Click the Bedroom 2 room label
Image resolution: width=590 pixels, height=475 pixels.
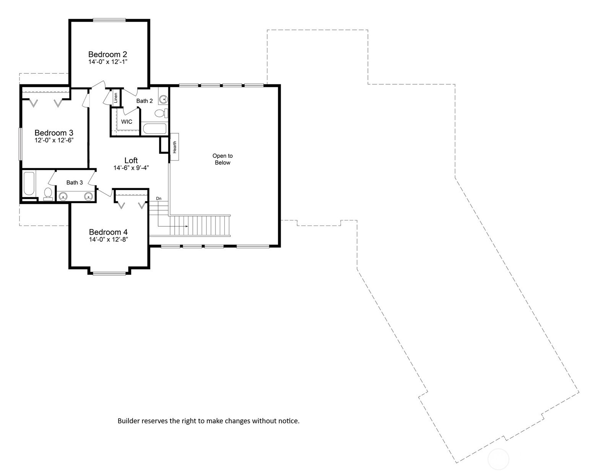107,54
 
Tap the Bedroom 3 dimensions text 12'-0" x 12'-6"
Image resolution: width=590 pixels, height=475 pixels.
54,140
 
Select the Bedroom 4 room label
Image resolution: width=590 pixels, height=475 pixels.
108,232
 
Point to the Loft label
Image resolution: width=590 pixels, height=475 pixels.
131,160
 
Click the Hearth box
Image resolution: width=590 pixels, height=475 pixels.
174,147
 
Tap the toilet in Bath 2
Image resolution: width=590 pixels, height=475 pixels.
161,113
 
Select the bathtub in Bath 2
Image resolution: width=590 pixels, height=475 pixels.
154,129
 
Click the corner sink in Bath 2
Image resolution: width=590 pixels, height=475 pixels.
163,99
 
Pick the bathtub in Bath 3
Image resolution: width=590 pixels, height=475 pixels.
29,184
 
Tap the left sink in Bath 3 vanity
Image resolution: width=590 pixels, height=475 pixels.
63,197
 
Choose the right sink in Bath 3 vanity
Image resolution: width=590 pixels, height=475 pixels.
89,197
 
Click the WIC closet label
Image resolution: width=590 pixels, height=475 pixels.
127,122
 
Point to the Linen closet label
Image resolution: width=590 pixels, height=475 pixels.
115,98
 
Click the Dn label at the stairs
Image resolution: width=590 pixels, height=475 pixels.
159,199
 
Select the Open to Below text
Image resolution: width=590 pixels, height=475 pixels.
223,159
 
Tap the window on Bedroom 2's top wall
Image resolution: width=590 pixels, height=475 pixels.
109,20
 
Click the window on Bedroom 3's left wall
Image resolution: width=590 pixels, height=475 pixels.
20,144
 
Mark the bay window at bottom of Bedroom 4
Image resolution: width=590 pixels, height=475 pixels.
109,273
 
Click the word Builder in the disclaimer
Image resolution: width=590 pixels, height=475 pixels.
128,421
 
